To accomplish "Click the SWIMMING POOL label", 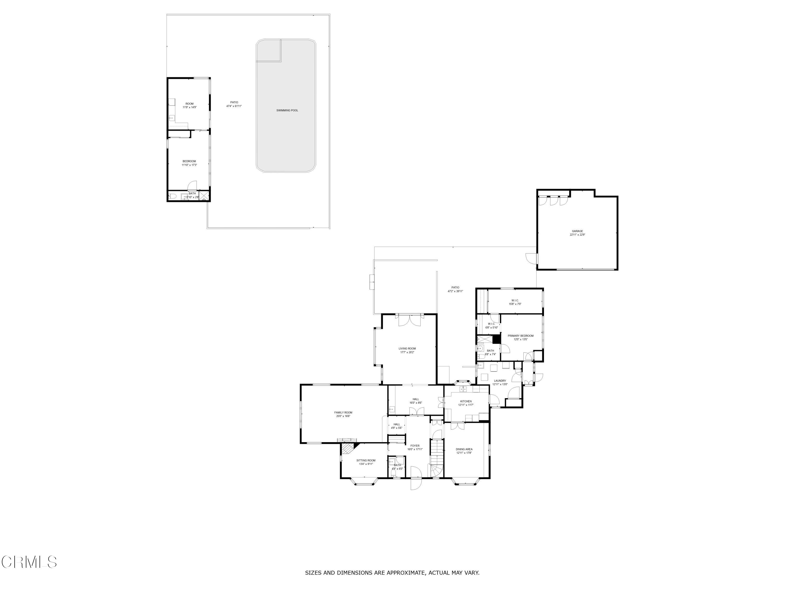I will [x=287, y=110].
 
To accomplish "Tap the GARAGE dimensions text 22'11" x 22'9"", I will [x=577, y=235].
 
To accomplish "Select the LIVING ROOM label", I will [x=407, y=349].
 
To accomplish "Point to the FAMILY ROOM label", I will [x=343, y=413].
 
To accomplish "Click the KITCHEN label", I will [x=466, y=401].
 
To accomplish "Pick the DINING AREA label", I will [x=464, y=449].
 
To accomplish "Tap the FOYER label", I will [x=415, y=446].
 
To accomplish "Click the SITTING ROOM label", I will [x=366, y=460].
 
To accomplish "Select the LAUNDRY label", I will [x=500, y=381].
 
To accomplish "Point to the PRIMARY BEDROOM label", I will [x=520, y=336].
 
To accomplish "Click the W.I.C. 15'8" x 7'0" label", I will [x=515, y=300].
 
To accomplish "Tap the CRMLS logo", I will [x=29, y=562].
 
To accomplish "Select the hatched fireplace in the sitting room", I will [x=348, y=448].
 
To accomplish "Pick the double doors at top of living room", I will [x=410, y=320].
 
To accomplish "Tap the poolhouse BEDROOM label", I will [x=189, y=161].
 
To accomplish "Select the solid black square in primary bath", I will [x=496, y=339].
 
